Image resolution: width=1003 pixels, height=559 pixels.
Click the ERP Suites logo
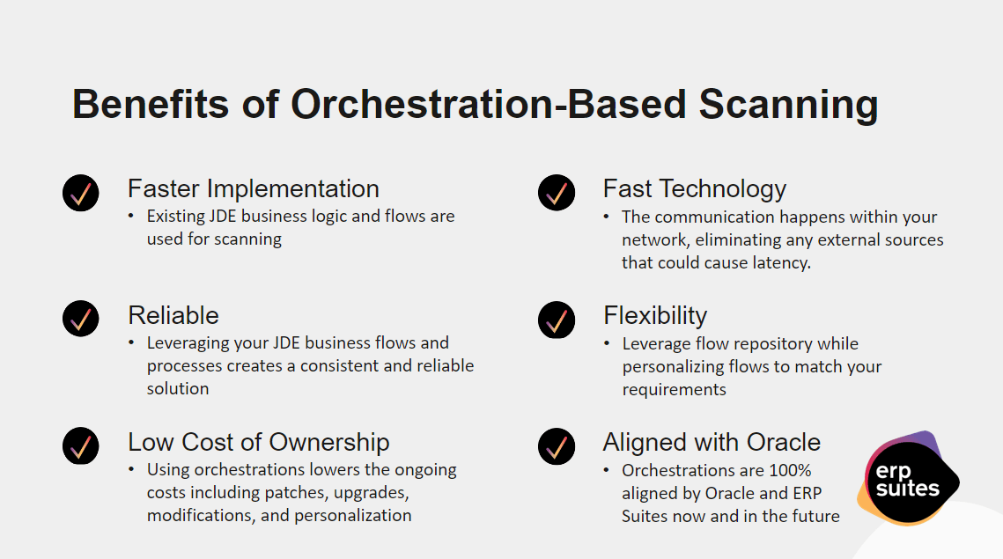point(908,478)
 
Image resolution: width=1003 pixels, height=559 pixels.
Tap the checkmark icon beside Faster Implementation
point(81,193)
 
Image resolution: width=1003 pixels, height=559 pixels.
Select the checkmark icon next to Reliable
point(81,319)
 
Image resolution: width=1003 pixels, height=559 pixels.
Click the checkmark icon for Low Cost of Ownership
point(81,445)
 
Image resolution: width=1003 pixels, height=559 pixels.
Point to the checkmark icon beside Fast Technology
point(557,193)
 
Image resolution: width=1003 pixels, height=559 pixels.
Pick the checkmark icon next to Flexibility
point(557,320)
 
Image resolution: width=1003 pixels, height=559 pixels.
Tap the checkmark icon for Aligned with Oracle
point(557,446)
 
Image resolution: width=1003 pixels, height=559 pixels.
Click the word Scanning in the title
point(788,105)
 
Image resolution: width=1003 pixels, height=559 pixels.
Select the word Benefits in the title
point(151,104)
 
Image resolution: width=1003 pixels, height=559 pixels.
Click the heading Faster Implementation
point(254,188)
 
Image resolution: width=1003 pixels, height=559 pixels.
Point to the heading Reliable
point(173,315)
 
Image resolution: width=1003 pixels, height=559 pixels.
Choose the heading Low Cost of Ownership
point(258,442)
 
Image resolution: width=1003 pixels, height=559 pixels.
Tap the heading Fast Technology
point(695,189)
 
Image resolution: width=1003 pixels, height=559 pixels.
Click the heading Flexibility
point(655,316)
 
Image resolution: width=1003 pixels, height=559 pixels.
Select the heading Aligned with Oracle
point(712,443)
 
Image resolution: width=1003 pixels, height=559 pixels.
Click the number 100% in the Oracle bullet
point(790,470)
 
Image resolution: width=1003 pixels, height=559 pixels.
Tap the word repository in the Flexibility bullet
point(772,344)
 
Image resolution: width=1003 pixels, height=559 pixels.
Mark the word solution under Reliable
point(178,388)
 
